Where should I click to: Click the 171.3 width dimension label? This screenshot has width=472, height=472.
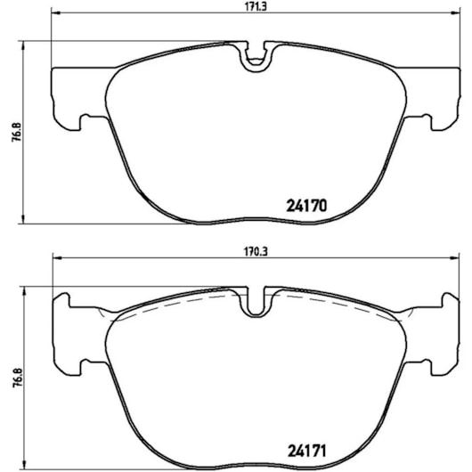pyautogui.click(x=256, y=7)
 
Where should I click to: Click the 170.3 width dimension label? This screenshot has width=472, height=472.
pyautogui.click(x=256, y=252)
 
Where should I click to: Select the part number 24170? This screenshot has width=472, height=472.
pyautogui.click(x=306, y=207)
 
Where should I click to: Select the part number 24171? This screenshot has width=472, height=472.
pyautogui.click(x=306, y=452)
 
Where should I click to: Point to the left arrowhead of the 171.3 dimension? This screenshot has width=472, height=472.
pyautogui.click(x=56, y=13)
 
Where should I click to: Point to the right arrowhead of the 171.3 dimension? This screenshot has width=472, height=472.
pyautogui.click(x=455, y=13)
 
